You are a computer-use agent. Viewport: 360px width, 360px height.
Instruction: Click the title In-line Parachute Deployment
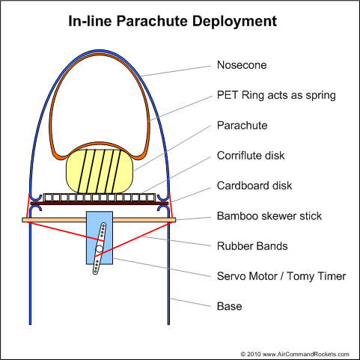173,21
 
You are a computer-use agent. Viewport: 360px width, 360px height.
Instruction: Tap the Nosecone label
242,65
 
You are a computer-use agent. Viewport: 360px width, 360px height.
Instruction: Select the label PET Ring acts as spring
276,96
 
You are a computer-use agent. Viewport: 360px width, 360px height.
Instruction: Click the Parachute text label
242,126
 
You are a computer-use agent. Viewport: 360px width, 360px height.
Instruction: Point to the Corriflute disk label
251,156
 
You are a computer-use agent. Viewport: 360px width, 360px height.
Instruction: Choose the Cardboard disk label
254,186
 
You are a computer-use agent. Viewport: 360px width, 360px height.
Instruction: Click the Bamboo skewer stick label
269,216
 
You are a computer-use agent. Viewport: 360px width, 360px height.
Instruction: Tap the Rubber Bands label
252,246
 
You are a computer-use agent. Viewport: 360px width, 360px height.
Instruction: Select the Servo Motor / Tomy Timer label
281,276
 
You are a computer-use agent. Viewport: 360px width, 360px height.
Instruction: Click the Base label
229,306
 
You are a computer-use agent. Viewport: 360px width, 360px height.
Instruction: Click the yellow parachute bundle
100,171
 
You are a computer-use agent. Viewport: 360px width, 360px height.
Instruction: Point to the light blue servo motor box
100,238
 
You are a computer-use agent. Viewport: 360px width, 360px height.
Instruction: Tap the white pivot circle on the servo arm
100,248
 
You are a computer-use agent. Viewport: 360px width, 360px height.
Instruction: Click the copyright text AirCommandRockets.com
294,354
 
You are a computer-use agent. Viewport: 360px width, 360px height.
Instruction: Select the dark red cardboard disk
100,204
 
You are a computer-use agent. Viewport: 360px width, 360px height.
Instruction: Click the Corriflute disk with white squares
100,198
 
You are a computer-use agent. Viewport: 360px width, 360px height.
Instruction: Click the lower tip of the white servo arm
95,273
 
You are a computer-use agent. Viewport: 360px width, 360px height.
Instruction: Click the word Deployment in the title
234,22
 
